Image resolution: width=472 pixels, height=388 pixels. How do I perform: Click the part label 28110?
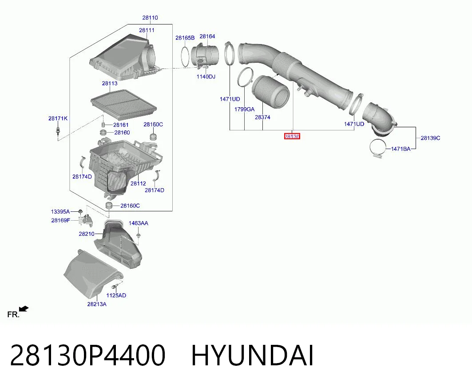point(150,18)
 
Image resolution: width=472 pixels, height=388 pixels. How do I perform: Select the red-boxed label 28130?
point(292,137)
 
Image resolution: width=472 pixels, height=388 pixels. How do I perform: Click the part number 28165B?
point(185,38)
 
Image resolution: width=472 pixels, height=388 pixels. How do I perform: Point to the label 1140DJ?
point(206,77)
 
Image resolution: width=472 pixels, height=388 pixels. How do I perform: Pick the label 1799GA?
point(244,109)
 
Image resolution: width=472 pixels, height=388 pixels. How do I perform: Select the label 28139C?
point(430,138)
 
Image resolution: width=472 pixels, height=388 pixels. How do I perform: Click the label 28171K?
point(58,118)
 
